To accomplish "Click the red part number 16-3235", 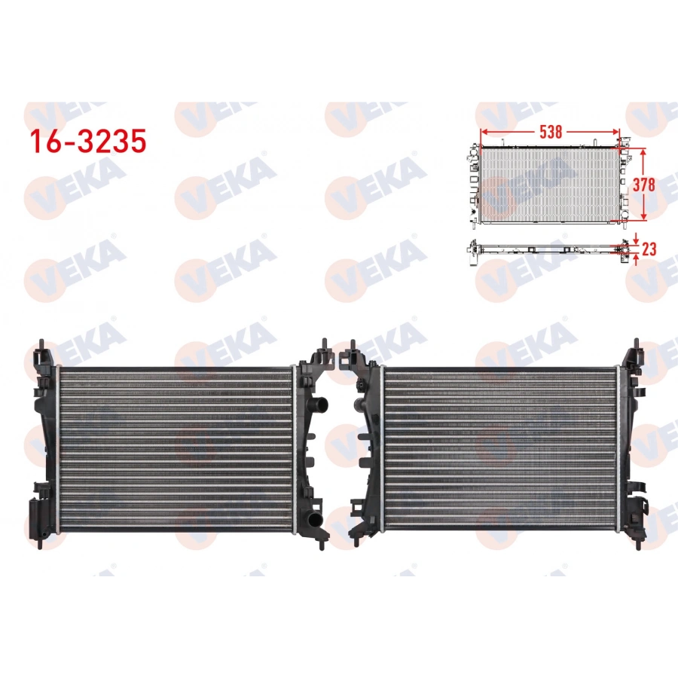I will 87,141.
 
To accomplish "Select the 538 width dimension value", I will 551,131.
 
